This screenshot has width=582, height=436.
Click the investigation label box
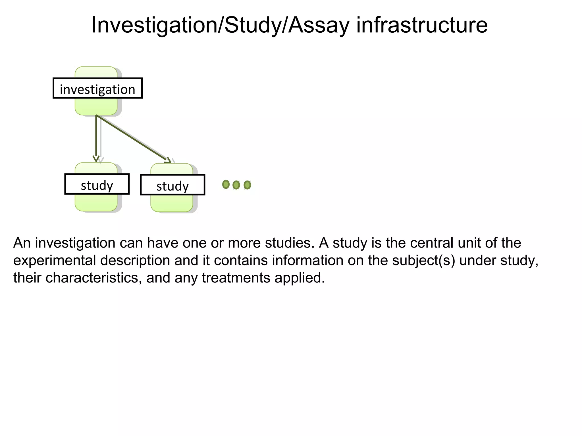pyautogui.click(x=97, y=89)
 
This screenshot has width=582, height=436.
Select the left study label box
pyautogui.click(x=97, y=184)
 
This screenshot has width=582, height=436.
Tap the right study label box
pyautogui.click(x=172, y=185)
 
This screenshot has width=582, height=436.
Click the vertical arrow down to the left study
pyautogui.click(x=96, y=136)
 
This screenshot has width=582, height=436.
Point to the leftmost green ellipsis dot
pyautogui.click(x=226, y=185)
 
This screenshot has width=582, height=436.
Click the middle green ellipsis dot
pyautogui.click(x=236, y=185)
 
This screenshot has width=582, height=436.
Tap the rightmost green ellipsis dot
pyautogui.click(x=247, y=185)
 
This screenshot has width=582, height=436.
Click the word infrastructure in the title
pyautogui.click(x=422, y=26)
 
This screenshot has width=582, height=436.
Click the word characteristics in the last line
pyautogui.click(x=93, y=278)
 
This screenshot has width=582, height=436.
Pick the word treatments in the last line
pyautogui.click(x=236, y=278)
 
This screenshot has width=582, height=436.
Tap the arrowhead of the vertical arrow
pyautogui.click(x=96, y=159)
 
